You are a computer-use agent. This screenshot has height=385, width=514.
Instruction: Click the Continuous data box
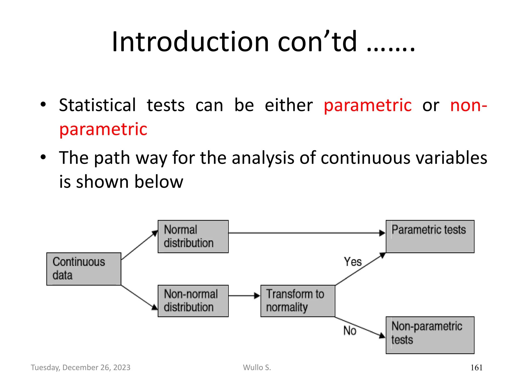(84, 269)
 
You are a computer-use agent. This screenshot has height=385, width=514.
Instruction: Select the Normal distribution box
(193, 236)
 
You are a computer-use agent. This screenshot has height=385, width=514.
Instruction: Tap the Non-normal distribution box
(193, 301)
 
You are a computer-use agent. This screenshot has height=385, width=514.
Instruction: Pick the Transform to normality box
(298, 301)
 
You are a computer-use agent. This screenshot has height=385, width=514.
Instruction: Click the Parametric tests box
(430, 236)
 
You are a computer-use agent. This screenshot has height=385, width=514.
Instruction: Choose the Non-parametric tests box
(430, 335)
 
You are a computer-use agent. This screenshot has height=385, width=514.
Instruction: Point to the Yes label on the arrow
(353, 262)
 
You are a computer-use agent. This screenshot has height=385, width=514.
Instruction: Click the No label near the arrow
(350, 331)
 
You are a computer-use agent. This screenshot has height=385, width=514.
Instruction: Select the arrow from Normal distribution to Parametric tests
(306, 233)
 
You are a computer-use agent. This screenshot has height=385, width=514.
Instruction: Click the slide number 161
(476, 368)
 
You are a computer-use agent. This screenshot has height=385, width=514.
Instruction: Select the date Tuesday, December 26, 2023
(81, 367)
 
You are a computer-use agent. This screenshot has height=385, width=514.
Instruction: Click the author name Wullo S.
(257, 367)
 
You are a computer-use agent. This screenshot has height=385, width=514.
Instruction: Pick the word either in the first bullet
(289, 105)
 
